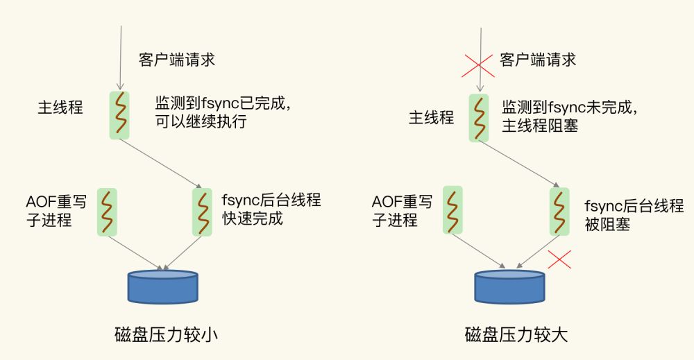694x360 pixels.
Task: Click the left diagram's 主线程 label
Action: click(60, 108)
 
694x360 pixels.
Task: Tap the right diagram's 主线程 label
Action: click(431, 117)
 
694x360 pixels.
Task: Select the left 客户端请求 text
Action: click(177, 60)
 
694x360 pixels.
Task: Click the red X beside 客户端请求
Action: click(478, 64)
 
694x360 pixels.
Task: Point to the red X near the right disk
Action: click(559, 259)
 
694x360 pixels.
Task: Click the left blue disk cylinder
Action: click(163, 287)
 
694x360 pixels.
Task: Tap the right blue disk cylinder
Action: click(509, 287)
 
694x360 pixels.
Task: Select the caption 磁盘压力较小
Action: click(166, 335)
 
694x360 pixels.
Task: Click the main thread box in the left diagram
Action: click(119, 114)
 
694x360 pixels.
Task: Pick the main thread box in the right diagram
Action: click(478, 118)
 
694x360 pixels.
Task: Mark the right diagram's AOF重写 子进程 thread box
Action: click(452, 211)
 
